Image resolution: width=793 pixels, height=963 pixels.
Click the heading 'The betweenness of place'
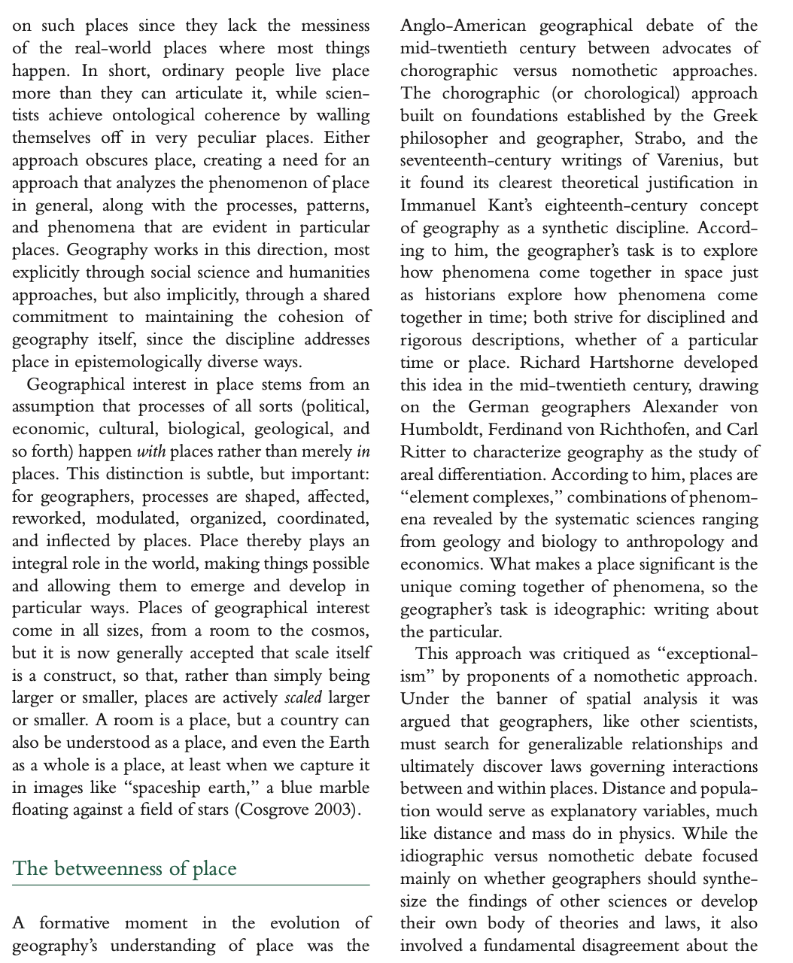[124, 868]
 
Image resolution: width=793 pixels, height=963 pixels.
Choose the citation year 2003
[338, 810]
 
